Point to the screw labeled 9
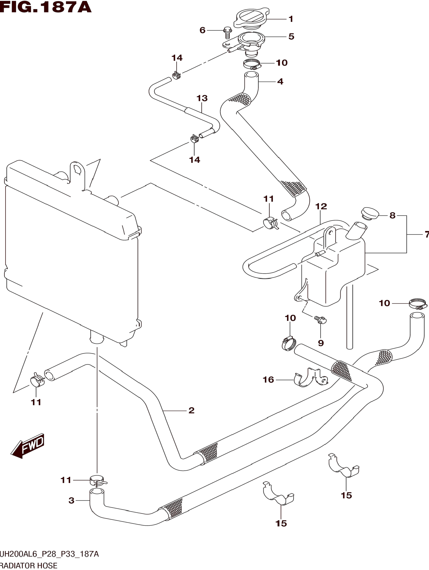click(320, 320)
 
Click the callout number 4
click(280, 82)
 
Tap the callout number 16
click(268, 380)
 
